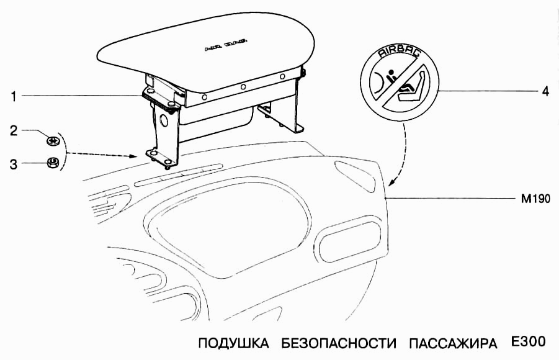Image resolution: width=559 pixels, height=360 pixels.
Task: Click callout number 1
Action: click(12, 96)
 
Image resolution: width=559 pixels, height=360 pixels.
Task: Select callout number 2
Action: click(12, 131)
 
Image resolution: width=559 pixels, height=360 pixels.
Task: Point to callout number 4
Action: click(545, 91)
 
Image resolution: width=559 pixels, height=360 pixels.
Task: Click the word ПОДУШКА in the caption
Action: click(233, 343)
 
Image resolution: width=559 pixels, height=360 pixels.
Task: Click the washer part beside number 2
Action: click(52, 140)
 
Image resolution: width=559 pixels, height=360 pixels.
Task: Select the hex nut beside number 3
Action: click(53, 163)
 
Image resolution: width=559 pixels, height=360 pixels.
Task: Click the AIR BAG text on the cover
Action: click(225, 46)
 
